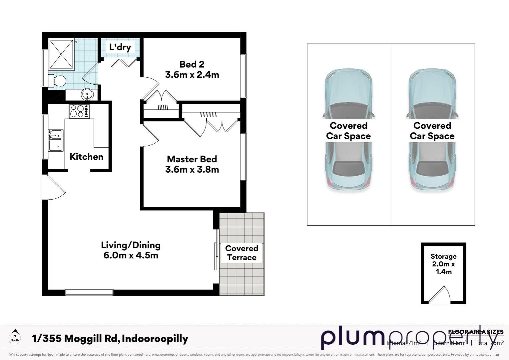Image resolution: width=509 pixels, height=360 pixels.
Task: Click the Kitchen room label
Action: click(86, 157)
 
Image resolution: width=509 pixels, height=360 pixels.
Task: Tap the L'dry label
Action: click(120, 47)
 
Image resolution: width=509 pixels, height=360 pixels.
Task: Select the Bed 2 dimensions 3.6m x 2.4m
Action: click(192, 75)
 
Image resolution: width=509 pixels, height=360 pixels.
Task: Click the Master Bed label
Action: click(192, 159)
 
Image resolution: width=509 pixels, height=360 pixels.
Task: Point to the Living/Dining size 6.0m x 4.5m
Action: click(131, 256)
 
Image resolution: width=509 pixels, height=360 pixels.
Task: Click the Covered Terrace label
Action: click(242, 253)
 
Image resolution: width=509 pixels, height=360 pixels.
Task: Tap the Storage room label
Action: click(443, 256)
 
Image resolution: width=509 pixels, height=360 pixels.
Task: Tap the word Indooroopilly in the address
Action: click(155, 339)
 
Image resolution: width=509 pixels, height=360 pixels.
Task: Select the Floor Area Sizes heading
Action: click(476, 332)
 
